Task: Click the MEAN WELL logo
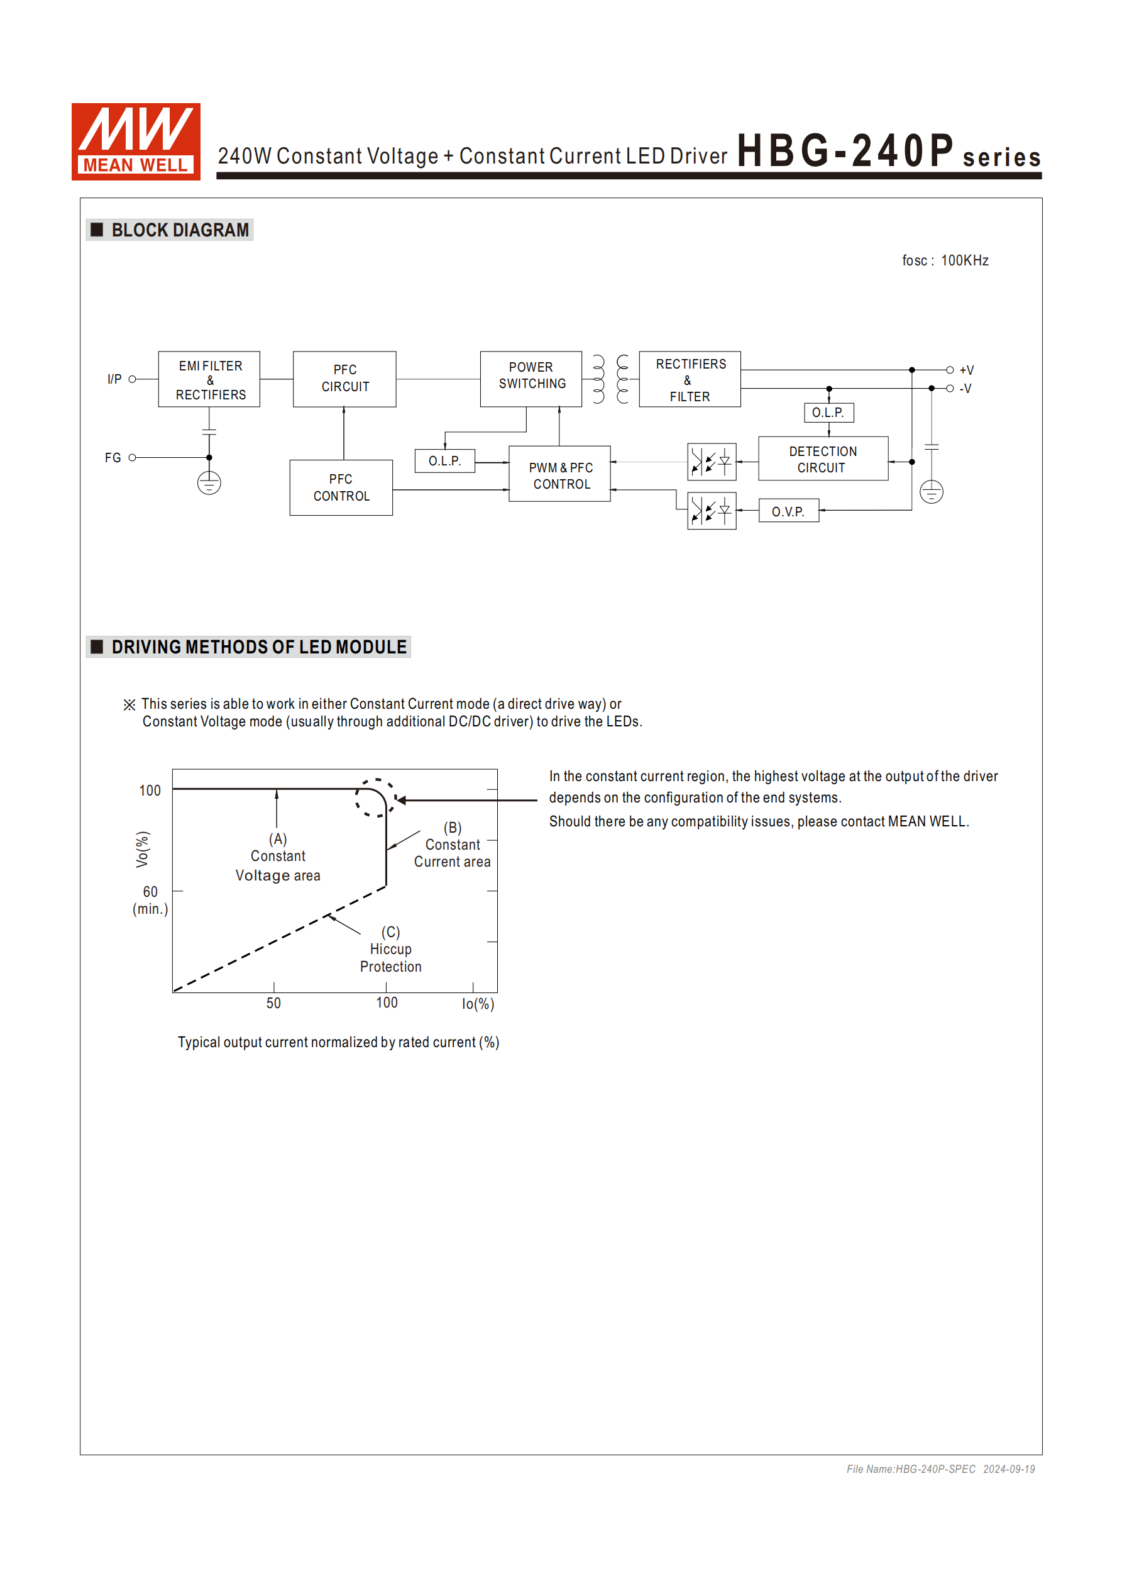(x=136, y=141)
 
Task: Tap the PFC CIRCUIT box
(x=344, y=379)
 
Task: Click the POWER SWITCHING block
(x=531, y=379)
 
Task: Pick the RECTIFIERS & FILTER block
(x=690, y=379)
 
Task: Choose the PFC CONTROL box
(x=341, y=487)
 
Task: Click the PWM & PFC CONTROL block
(x=559, y=474)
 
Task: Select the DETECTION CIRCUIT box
(x=823, y=458)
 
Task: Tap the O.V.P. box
(x=788, y=511)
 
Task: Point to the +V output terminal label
(x=967, y=370)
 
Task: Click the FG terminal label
(x=113, y=458)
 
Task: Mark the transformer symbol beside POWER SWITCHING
(x=610, y=379)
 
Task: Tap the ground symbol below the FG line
(x=209, y=483)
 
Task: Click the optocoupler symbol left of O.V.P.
(x=712, y=511)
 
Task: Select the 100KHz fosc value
(x=964, y=261)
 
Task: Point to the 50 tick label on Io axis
(x=274, y=1003)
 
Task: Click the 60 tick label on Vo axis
(x=150, y=892)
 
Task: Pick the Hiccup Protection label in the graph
(x=390, y=958)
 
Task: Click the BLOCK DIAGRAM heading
(x=180, y=230)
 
